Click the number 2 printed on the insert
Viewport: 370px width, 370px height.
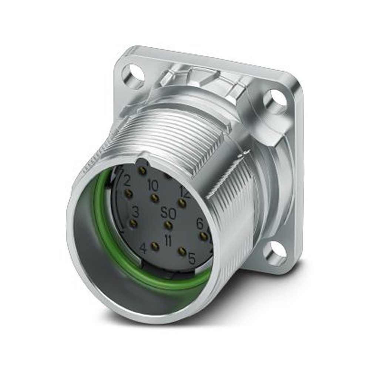tap(128, 181)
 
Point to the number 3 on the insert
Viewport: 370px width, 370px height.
tap(135, 212)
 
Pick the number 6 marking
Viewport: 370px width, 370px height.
tap(200, 223)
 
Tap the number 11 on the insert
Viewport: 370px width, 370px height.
tap(168, 241)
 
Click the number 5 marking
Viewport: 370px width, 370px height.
tap(192, 258)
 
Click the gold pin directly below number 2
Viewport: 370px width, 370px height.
tap(128, 193)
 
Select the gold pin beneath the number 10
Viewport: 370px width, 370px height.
tap(155, 198)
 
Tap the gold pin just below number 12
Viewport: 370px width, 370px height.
tap(181, 203)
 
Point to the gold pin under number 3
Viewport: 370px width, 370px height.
tap(133, 223)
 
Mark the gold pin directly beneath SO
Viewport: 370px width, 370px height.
tap(168, 225)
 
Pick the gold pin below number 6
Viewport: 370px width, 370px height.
tap(202, 235)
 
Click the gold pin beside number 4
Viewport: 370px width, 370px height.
tap(155, 246)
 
